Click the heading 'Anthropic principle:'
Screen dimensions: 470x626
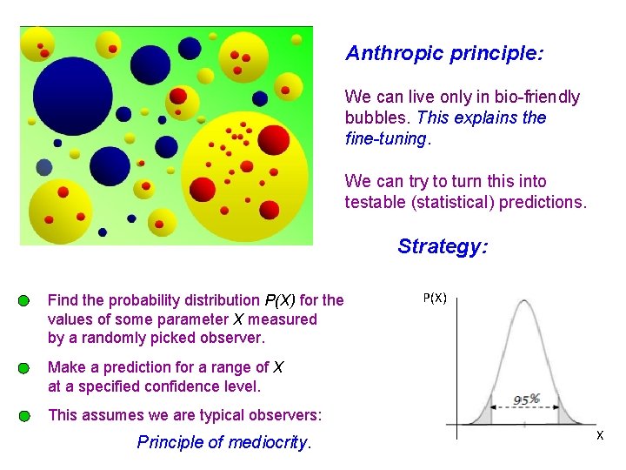point(444,54)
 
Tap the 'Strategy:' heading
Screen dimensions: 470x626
point(443,246)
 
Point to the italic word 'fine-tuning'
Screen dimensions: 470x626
point(385,138)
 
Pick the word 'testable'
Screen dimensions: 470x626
point(375,203)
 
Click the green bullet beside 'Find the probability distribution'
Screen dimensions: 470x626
point(23,301)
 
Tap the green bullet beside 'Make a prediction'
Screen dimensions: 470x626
point(23,368)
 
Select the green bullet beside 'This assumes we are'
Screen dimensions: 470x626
point(23,416)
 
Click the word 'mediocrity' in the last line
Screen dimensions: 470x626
point(267,442)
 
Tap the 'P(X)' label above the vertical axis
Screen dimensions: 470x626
point(435,298)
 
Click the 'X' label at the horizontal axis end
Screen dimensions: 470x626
point(599,434)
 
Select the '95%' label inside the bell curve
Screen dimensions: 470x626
point(526,399)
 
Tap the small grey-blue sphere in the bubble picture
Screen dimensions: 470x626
point(44,167)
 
